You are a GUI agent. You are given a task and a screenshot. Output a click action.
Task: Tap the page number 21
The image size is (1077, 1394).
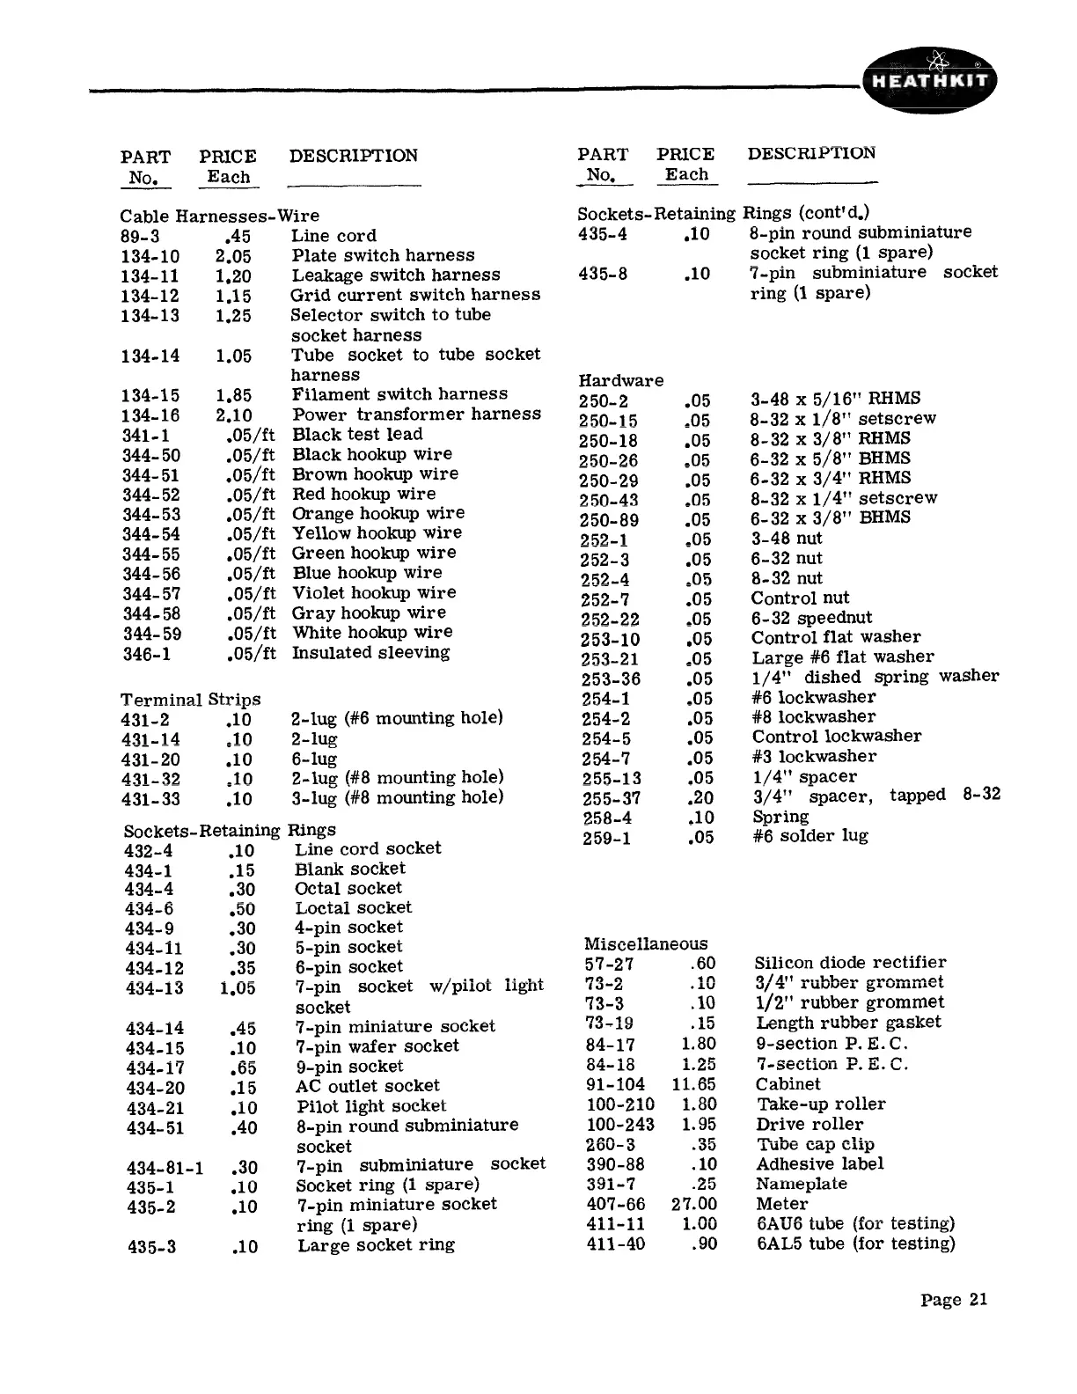[955, 1300]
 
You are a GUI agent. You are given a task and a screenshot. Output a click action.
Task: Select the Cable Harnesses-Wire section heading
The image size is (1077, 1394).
[219, 216]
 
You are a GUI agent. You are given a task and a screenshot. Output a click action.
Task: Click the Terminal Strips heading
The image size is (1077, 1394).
[190, 700]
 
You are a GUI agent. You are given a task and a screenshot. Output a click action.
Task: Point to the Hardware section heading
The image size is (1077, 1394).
[620, 380]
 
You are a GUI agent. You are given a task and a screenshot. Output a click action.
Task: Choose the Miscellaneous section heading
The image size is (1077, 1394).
[646, 943]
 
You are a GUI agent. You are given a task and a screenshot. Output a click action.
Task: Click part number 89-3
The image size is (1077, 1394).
[140, 236]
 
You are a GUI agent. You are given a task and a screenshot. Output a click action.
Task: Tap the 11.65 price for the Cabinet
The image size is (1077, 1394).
[693, 1084]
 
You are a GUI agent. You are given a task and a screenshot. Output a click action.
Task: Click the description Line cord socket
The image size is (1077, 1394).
[368, 848]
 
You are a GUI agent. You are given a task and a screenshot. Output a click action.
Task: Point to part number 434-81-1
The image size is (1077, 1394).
[165, 1168]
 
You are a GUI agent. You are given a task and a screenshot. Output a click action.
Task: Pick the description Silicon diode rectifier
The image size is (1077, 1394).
[850, 963]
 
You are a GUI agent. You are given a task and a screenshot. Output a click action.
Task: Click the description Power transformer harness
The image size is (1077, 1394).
[416, 415]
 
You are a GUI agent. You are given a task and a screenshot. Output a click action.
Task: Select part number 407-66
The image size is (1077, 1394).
[615, 1204]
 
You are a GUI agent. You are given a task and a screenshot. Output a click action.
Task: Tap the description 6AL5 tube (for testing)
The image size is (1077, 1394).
[855, 1244]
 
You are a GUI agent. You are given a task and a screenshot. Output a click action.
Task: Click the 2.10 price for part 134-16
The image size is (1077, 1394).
[233, 415]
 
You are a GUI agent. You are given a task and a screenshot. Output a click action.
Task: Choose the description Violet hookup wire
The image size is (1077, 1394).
[374, 593]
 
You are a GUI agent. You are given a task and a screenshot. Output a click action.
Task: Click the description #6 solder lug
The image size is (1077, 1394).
[810, 836]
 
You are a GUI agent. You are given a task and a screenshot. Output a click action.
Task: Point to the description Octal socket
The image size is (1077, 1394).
[348, 889]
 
